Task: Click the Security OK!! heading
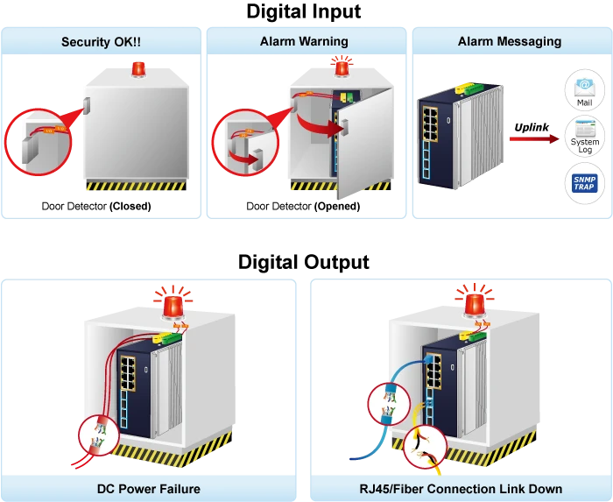click(102, 42)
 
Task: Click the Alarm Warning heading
click(304, 41)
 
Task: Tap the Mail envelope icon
click(584, 91)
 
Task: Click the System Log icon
click(584, 138)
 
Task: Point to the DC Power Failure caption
click(149, 489)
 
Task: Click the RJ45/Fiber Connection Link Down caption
click(461, 489)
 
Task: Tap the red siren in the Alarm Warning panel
click(342, 67)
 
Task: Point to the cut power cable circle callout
click(100, 436)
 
